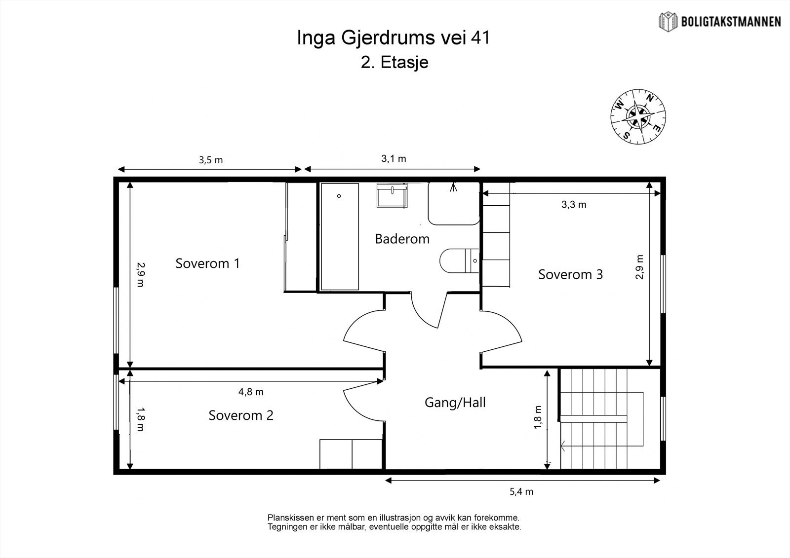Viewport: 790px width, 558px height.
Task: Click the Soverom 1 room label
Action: tap(208, 263)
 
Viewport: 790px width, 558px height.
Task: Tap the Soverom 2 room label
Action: tap(241, 415)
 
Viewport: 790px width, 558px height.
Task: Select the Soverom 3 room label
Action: tap(570, 274)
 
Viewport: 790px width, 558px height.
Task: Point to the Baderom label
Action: tap(402, 239)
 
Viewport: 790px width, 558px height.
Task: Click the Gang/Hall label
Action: tap(455, 403)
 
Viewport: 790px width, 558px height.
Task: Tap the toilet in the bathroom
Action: tap(459, 260)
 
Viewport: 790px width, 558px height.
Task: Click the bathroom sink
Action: tap(392, 195)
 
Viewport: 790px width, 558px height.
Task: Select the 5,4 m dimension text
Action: tap(521, 492)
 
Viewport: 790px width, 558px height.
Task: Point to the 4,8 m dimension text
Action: tap(251, 392)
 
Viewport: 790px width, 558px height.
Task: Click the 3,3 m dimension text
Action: tap(574, 204)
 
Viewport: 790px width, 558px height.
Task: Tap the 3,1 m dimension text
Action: tap(394, 159)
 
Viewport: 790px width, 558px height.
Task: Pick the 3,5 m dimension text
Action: tap(210, 160)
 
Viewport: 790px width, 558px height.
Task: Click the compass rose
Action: tap(638, 116)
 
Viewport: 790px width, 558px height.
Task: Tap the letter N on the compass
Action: tap(650, 98)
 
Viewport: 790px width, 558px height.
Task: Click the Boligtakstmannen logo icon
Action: tap(668, 22)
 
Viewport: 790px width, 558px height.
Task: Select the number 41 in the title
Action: tap(480, 37)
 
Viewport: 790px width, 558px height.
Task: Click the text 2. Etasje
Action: tap(395, 62)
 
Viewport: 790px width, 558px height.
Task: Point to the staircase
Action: tap(610, 419)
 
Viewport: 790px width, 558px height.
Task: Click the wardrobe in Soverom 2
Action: tap(351, 454)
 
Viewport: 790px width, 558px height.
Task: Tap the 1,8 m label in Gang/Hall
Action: tap(538, 417)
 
